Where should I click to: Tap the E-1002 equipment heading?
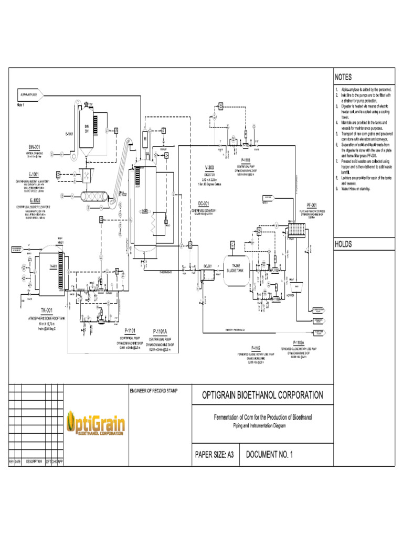(x=35, y=200)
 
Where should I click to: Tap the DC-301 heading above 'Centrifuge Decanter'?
(x=204, y=203)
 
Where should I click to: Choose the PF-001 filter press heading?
(x=312, y=205)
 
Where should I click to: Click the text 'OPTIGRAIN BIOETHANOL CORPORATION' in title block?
(x=262, y=395)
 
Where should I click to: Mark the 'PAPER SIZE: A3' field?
(x=214, y=455)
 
